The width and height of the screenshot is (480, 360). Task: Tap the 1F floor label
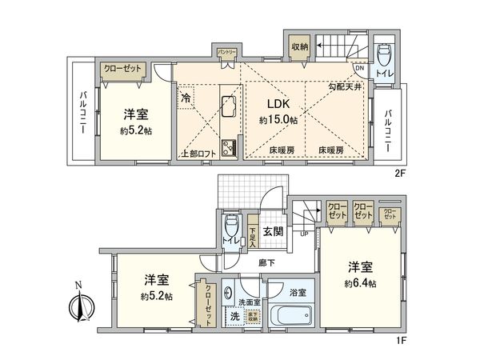[402, 339]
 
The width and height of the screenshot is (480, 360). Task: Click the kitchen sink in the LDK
[226, 106]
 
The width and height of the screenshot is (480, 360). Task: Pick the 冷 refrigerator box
[185, 98]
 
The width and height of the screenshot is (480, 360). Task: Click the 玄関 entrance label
[273, 232]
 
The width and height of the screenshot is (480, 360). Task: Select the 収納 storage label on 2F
[300, 48]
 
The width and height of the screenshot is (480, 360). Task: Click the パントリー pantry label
[226, 53]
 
